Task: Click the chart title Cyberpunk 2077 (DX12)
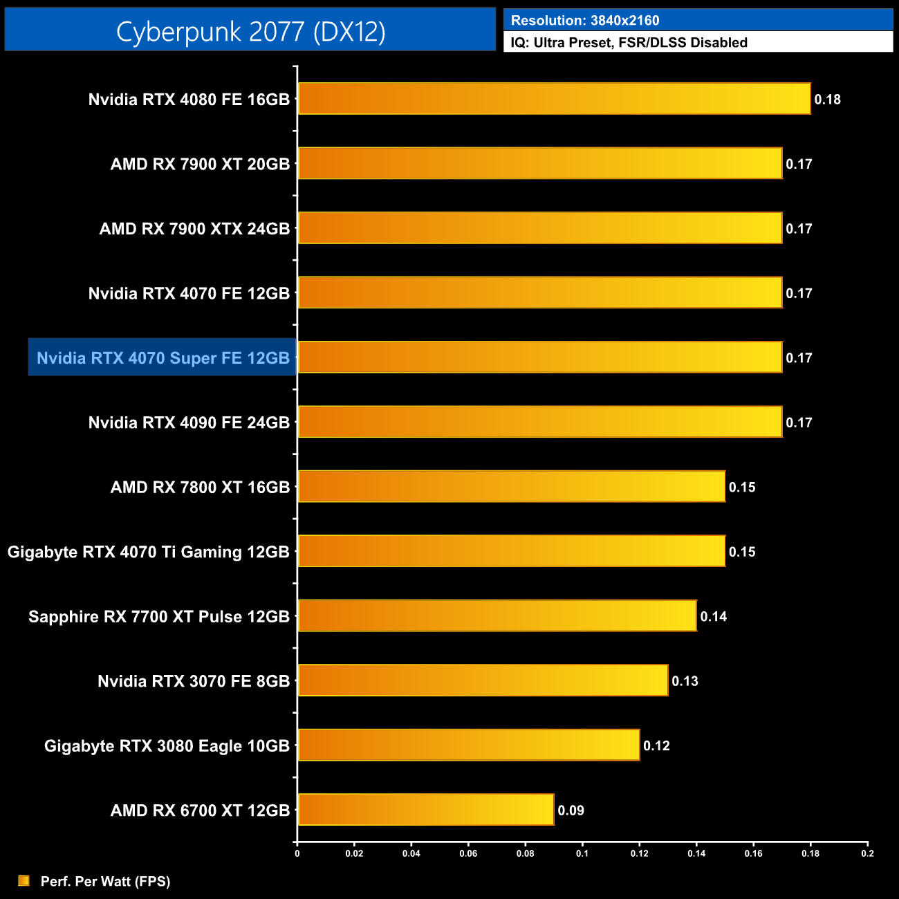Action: pyautogui.click(x=250, y=31)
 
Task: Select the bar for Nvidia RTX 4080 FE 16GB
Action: pyautogui.click(x=553, y=99)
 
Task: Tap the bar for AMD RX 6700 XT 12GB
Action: pyautogui.click(x=425, y=810)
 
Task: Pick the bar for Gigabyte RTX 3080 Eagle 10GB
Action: pyautogui.click(x=468, y=745)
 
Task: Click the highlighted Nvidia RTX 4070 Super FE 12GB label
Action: pyautogui.click(x=163, y=358)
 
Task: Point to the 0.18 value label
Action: pyautogui.click(x=827, y=100)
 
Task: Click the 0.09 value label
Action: pyautogui.click(x=571, y=810)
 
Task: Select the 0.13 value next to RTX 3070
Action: pyautogui.click(x=685, y=681)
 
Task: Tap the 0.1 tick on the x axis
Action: pyautogui.click(x=582, y=853)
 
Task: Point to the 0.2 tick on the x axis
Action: pyautogui.click(x=867, y=853)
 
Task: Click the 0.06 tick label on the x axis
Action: pyautogui.click(x=468, y=853)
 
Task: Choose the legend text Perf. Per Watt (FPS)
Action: pyautogui.click(x=105, y=881)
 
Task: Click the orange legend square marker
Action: pyautogui.click(x=24, y=880)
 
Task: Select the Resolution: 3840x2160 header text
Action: pyautogui.click(x=585, y=21)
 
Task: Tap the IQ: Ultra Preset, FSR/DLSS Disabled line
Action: pyautogui.click(x=629, y=43)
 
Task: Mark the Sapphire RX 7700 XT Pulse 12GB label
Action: pyautogui.click(x=158, y=617)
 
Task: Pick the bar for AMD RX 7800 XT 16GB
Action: pyautogui.click(x=511, y=487)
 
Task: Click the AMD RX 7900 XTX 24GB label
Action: pyautogui.click(x=194, y=229)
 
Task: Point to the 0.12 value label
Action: pyautogui.click(x=656, y=746)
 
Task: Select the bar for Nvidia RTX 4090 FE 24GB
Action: pyautogui.click(x=539, y=422)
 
